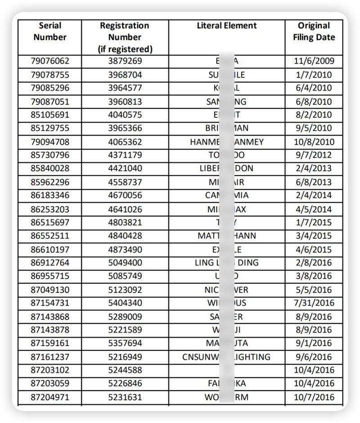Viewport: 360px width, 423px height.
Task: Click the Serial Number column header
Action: [50, 32]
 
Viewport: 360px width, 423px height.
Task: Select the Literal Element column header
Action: [226, 26]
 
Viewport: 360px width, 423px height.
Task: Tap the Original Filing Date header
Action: [314, 32]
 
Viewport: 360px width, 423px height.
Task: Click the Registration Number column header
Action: [125, 37]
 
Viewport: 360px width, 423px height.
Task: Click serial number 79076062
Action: [50, 61]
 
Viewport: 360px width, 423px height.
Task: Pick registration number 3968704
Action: [125, 75]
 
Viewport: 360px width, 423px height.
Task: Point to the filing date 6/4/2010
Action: [314, 88]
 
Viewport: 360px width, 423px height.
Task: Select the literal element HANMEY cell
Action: [226, 142]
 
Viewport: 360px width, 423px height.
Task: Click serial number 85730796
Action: [50, 155]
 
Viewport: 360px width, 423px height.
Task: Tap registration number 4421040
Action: [125, 168]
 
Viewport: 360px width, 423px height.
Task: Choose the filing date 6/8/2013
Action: [314, 182]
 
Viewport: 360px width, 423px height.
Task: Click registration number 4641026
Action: [125, 209]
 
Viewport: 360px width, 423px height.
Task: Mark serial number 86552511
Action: [50, 236]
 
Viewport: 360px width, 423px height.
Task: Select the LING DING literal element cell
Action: [226, 263]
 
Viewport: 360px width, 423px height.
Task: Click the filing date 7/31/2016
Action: [314, 303]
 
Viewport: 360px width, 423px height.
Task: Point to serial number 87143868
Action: [50, 316]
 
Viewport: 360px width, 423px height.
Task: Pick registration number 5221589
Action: [125, 330]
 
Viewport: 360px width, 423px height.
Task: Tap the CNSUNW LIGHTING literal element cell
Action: [226, 357]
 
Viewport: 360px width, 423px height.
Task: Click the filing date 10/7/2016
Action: [314, 397]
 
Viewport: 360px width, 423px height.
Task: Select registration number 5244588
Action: [125, 370]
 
